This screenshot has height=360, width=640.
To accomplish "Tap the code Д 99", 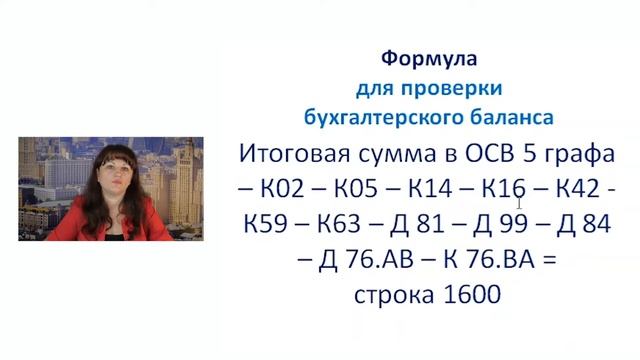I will (x=510, y=226).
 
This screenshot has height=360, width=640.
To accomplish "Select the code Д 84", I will (x=588, y=226).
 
